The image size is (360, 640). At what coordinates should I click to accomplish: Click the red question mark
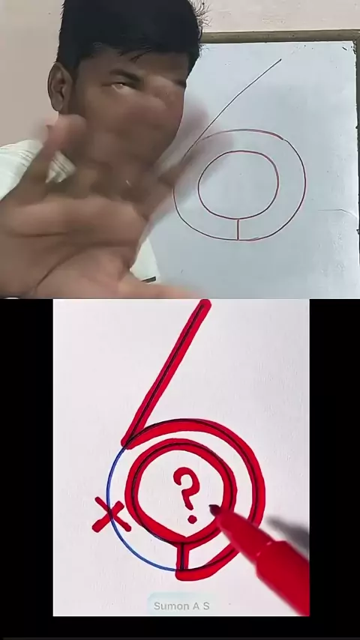tap(187, 488)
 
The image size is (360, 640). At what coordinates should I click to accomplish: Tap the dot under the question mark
tap(192, 519)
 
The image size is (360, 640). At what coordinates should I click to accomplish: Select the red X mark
tap(110, 515)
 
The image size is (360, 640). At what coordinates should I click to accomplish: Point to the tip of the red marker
tap(213, 508)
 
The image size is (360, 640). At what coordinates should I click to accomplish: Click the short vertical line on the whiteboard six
tap(238, 229)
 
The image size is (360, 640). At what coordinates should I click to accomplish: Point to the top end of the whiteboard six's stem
tap(281, 60)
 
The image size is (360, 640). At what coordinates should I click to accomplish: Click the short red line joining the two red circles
tap(181, 556)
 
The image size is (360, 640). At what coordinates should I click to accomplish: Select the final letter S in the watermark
tap(206, 606)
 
